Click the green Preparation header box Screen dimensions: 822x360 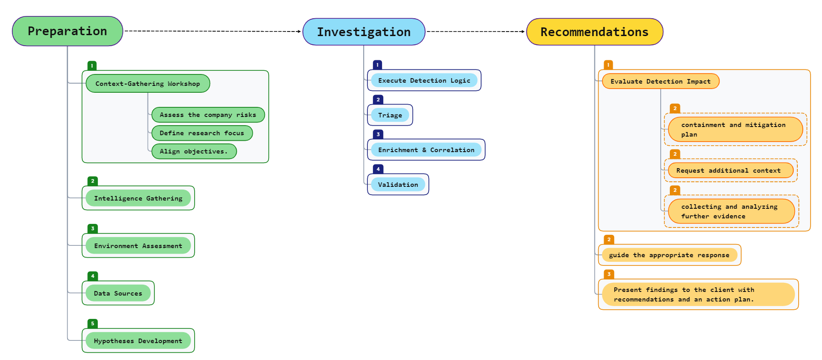(68, 31)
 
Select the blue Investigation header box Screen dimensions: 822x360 (364, 32)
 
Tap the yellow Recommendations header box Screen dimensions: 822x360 (594, 32)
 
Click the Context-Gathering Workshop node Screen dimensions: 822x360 (148, 84)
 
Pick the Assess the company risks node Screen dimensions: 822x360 (208, 115)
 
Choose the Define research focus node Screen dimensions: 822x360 (202, 133)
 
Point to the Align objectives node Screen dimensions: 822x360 (194, 151)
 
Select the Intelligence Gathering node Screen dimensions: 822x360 (138, 198)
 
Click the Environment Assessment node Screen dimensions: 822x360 (138, 246)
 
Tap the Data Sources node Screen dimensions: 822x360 (118, 293)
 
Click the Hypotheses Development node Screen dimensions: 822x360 (138, 341)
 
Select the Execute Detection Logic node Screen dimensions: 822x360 (424, 80)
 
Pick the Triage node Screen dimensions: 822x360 (390, 115)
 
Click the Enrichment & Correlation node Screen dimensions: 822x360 (426, 150)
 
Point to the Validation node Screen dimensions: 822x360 (398, 185)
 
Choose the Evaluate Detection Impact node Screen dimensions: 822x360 (661, 81)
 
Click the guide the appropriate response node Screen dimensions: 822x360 (669, 255)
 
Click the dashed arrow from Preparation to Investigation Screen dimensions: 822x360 (212, 31)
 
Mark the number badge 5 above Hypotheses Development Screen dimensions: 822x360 (93, 323)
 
